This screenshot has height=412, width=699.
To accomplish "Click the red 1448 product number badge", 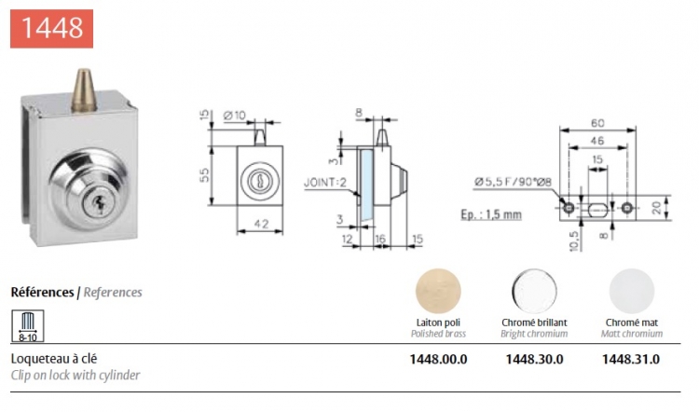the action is coord(51,29).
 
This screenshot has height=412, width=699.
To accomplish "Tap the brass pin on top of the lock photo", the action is coord(84,90).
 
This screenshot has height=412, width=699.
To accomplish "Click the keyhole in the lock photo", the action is coord(98,205).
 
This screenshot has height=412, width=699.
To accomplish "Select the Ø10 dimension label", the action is coord(235,116).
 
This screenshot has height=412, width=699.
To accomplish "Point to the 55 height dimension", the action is coord(204,175).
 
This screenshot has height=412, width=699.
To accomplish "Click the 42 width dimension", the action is coord(261,223).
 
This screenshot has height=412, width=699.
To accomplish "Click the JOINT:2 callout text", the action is coord(325,183).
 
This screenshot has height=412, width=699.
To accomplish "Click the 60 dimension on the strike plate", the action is coord(597,123).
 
